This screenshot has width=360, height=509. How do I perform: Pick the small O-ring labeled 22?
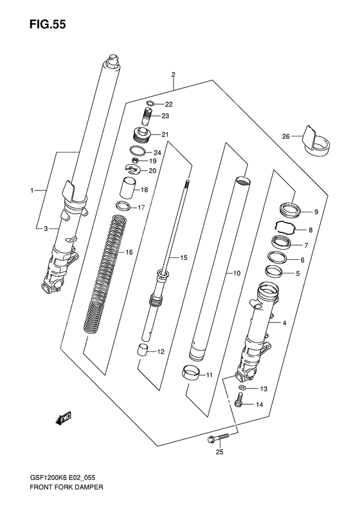tap(149, 104)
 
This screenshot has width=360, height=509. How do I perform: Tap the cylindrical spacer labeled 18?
tap(127, 190)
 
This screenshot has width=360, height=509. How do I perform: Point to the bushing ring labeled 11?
tap(190, 373)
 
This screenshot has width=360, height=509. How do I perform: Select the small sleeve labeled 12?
tap(145, 350)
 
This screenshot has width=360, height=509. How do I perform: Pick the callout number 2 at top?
tap(173, 75)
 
